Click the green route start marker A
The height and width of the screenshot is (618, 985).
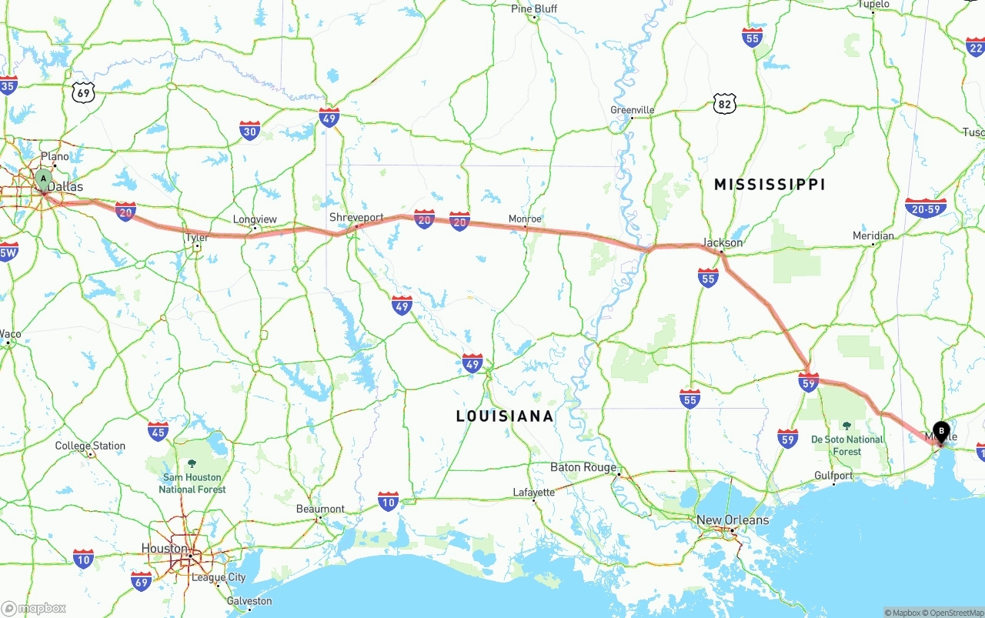tap(44, 179)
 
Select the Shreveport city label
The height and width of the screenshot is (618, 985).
tap(356, 218)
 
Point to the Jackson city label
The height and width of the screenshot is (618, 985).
tap(723, 242)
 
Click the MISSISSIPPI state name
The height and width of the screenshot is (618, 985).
tap(770, 185)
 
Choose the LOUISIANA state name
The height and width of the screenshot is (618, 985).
tap(505, 416)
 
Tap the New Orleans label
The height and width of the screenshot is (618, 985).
tap(732, 520)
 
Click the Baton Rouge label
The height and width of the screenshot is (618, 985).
tap(583, 467)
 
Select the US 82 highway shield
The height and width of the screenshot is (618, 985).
tap(724, 104)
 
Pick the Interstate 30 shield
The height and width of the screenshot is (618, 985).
tap(249, 130)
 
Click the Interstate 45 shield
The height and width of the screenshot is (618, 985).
tap(159, 431)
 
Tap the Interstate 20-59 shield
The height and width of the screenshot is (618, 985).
tap(926, 208)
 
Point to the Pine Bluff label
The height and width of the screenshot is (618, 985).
tap(534, 8)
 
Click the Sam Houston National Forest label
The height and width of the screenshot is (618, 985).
tap(192, 483)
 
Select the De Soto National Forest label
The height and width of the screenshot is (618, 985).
tap(847, 445)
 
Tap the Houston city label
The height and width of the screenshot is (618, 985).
tap(164, 549)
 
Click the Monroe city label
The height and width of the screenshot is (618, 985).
tap(525, 219)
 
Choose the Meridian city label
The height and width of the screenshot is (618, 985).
tap(873, 236)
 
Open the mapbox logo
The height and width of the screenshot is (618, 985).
tap(35, 608)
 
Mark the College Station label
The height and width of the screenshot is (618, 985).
tap(90, 446)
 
